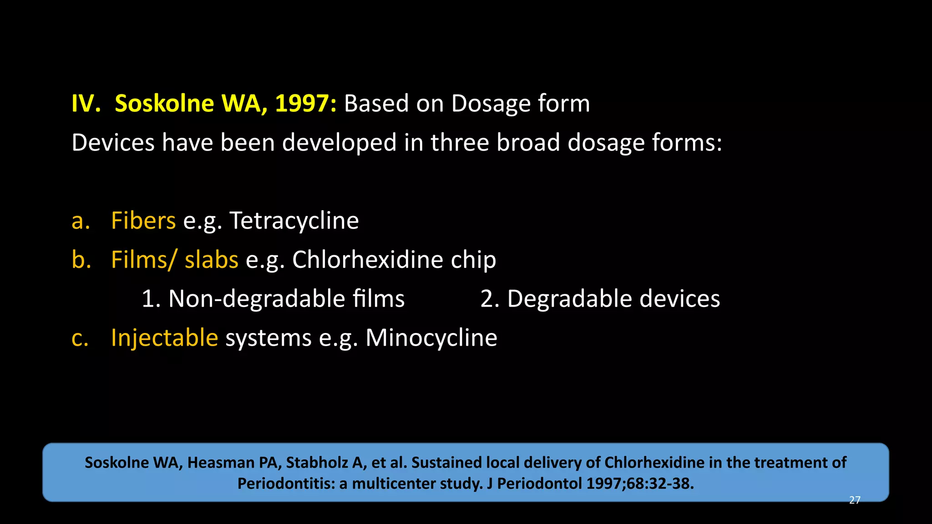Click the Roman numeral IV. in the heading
point(86,104)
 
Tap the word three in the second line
point(460,143)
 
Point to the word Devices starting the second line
point(113,143)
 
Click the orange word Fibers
point(143,221)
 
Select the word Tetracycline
point(294,221)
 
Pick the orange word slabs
point(211,260)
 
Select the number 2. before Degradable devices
point(490,299)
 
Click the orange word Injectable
point(164,338)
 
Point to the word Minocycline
point(431,338)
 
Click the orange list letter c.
point(80,338)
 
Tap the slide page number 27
point(855,500)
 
